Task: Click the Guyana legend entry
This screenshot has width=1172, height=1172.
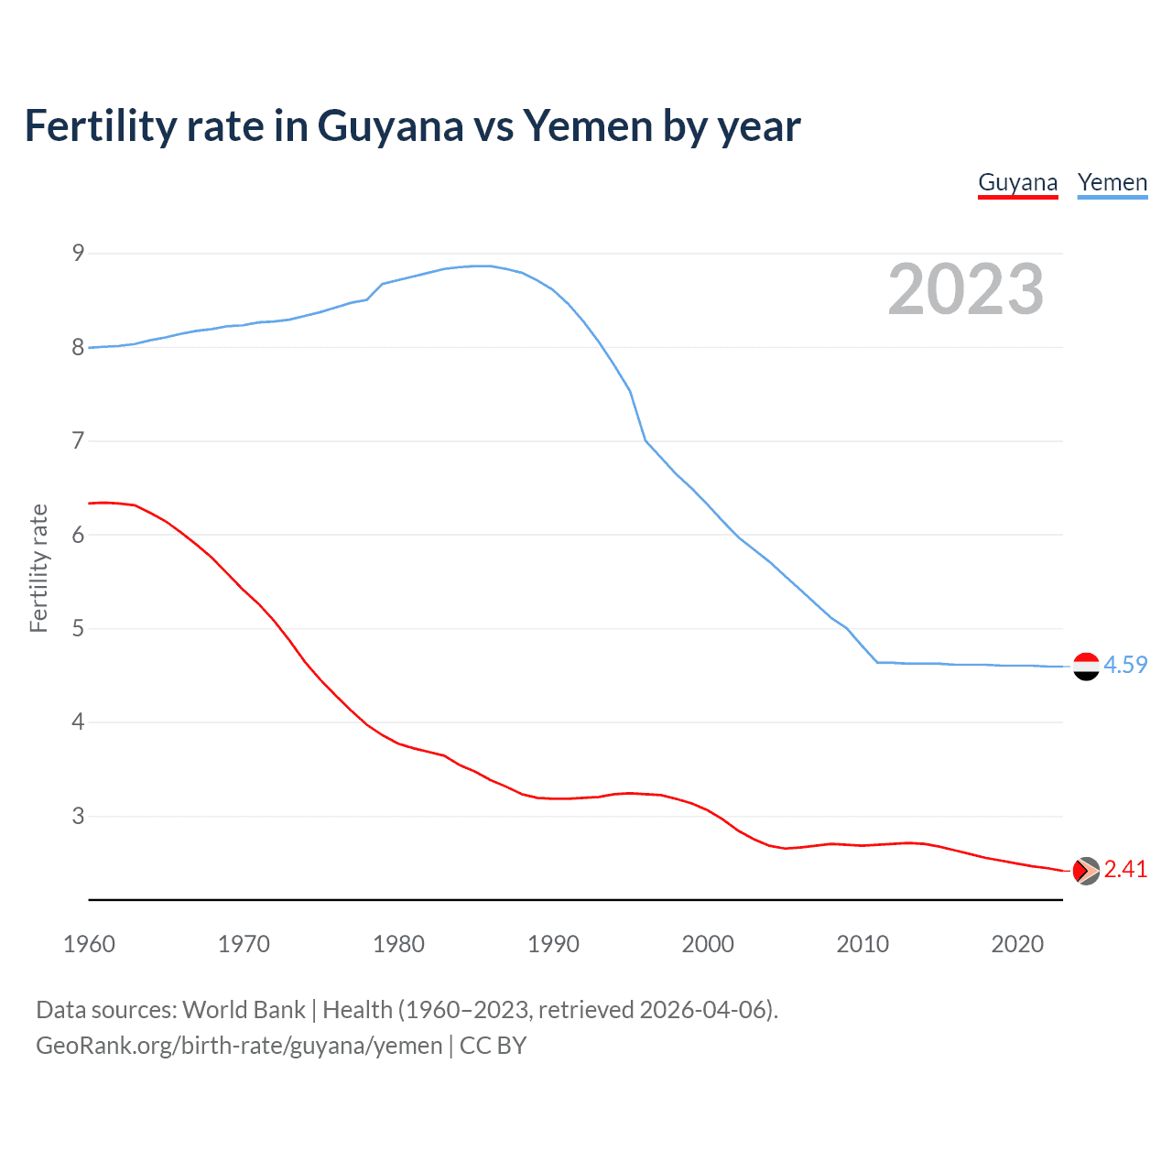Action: (1017, 183)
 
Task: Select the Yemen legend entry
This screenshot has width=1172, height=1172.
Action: (1112, 183)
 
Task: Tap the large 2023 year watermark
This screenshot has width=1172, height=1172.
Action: (965, 289)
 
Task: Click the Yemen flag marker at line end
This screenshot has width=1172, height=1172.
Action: (1086, 667)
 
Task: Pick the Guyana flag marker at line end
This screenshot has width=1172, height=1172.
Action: (1086, 871)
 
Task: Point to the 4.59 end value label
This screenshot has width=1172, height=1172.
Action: (1125, 666)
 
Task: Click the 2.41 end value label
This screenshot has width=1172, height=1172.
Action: (1125, 870)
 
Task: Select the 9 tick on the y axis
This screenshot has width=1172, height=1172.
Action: (78, 253)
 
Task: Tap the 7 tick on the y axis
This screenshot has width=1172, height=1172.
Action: (78, 441)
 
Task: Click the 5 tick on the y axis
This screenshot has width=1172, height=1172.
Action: (78, 629)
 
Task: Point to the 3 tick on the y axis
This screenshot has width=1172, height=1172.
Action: (78, 816)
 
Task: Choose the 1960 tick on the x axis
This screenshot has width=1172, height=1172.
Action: (89, 944)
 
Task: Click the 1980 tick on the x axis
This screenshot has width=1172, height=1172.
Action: (398, 944)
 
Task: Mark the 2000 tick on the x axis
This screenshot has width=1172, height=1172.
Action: (708, 944)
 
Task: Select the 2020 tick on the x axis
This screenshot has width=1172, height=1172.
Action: (1017, 944)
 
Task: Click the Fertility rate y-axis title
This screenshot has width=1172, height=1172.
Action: (38, 568)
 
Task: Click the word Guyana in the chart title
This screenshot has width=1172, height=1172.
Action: (390, 126)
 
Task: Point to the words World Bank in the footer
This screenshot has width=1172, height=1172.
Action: (244, 1010)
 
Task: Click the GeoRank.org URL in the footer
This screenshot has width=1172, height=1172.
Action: (239, 1046)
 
